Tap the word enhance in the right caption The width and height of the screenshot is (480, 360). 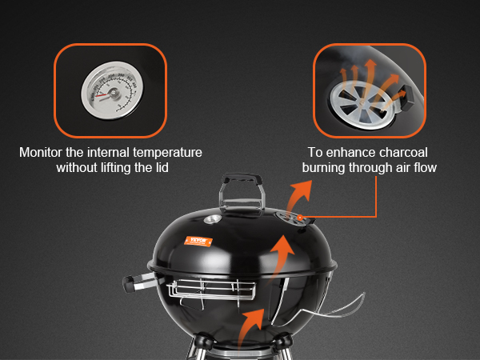(x=358, y=151)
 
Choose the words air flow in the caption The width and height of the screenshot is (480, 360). (x=411, y=168)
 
